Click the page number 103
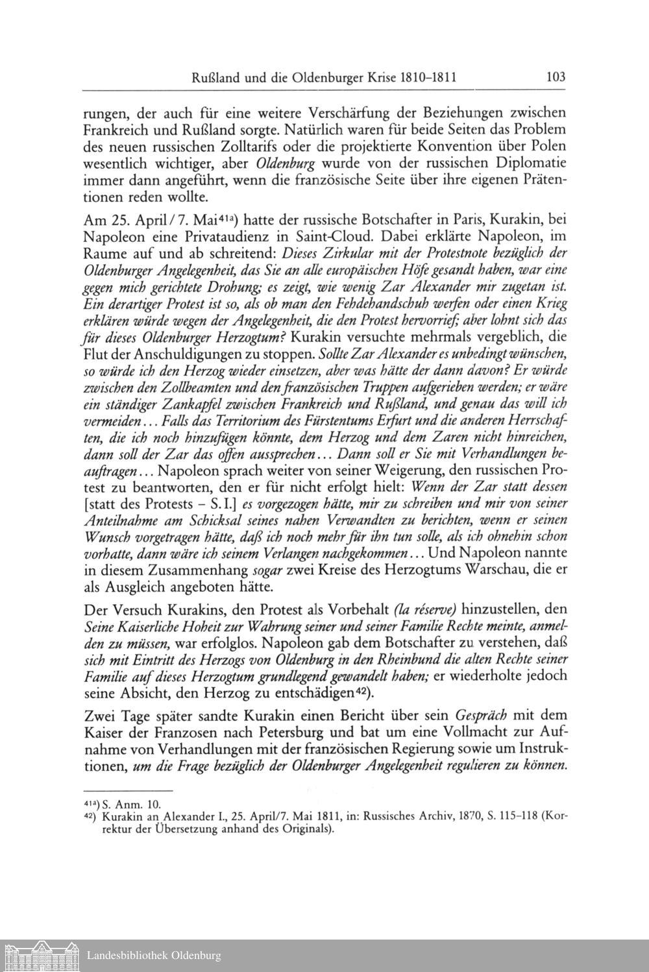[556, 77]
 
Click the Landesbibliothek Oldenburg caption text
[154, 956]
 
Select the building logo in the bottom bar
[40, 955]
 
